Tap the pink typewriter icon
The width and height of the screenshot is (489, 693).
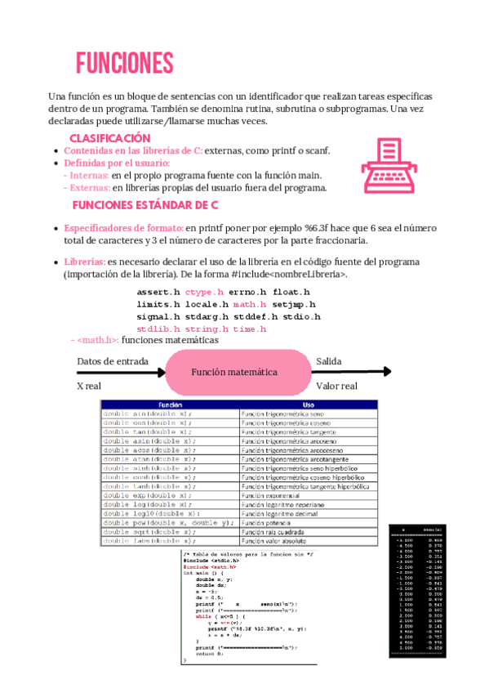(388, 164)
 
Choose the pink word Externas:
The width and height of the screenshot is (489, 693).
(89, 187)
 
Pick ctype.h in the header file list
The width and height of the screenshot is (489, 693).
(204, 292)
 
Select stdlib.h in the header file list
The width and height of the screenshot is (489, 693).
(158, 329)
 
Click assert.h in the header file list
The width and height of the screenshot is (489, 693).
(158, 292)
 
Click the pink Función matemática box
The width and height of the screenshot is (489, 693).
(234, 372)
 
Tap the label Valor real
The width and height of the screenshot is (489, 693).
(336, 387)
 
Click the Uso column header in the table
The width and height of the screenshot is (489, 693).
(308, 405)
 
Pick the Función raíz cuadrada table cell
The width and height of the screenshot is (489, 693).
(275, 531)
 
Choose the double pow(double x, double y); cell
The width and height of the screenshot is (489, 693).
(169, 522)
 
